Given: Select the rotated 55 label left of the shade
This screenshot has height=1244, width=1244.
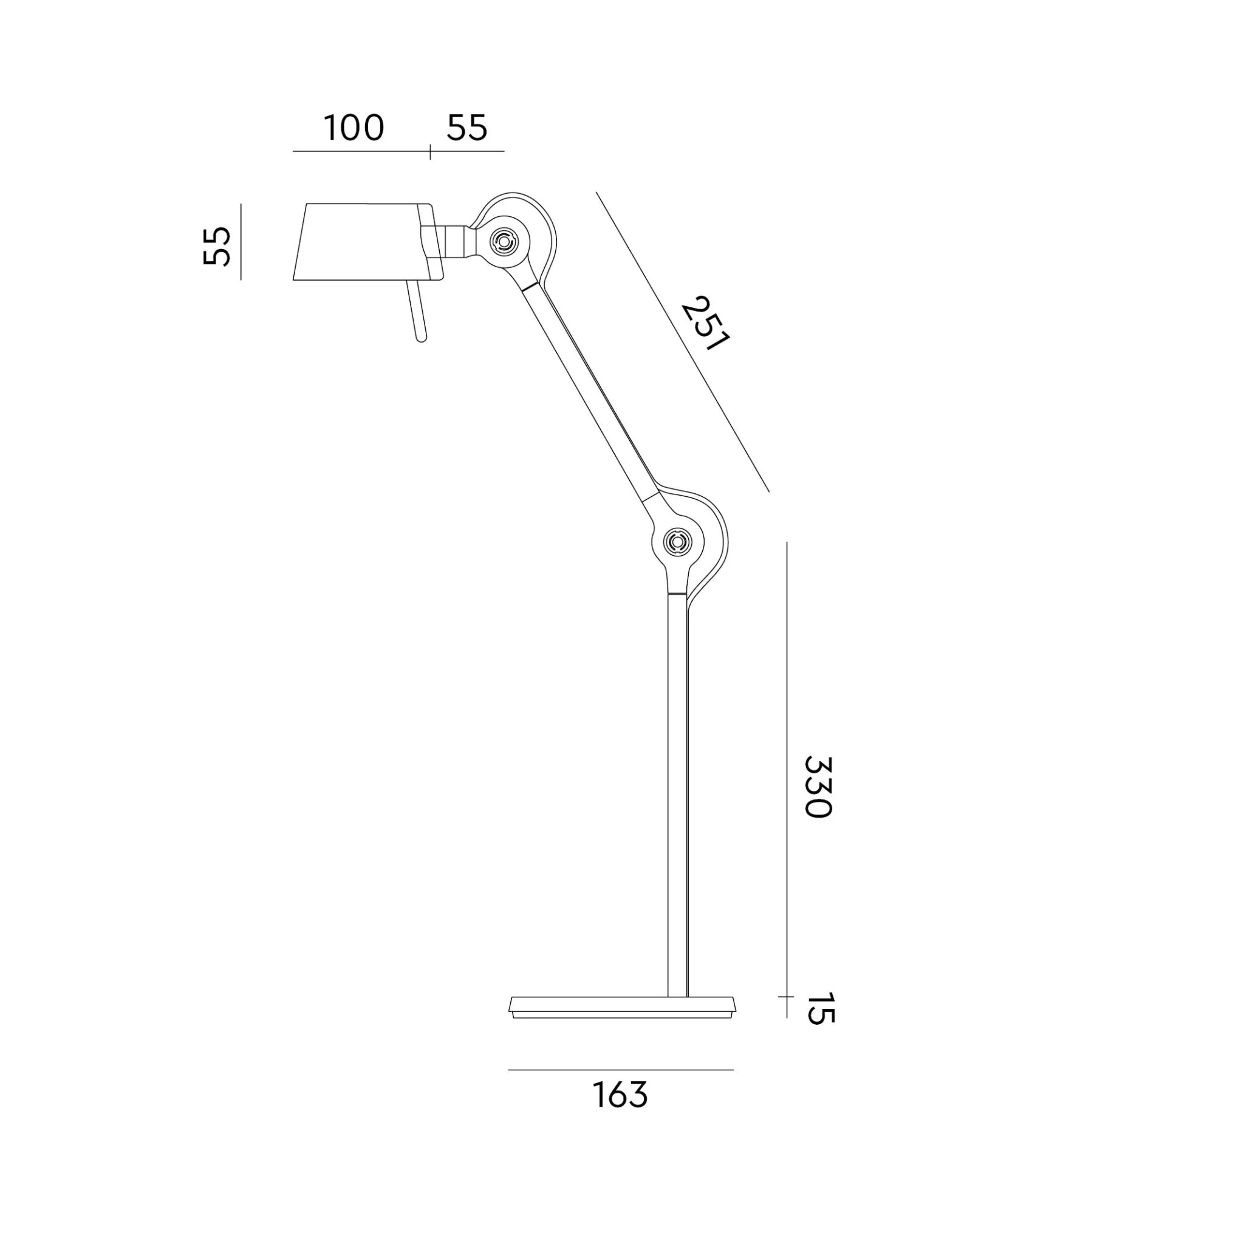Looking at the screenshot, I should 217,245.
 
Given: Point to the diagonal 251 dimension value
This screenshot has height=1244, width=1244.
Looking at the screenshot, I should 705,323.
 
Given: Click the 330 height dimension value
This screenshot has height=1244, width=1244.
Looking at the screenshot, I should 818,786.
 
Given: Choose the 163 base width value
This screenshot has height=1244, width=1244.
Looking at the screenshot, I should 620,1095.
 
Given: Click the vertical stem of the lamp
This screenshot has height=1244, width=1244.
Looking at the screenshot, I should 678,792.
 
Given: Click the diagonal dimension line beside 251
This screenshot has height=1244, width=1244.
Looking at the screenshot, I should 683,341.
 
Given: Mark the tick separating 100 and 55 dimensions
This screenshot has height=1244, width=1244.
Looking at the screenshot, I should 430,152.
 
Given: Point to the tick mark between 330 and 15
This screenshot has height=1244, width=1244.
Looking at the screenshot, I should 786,997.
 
